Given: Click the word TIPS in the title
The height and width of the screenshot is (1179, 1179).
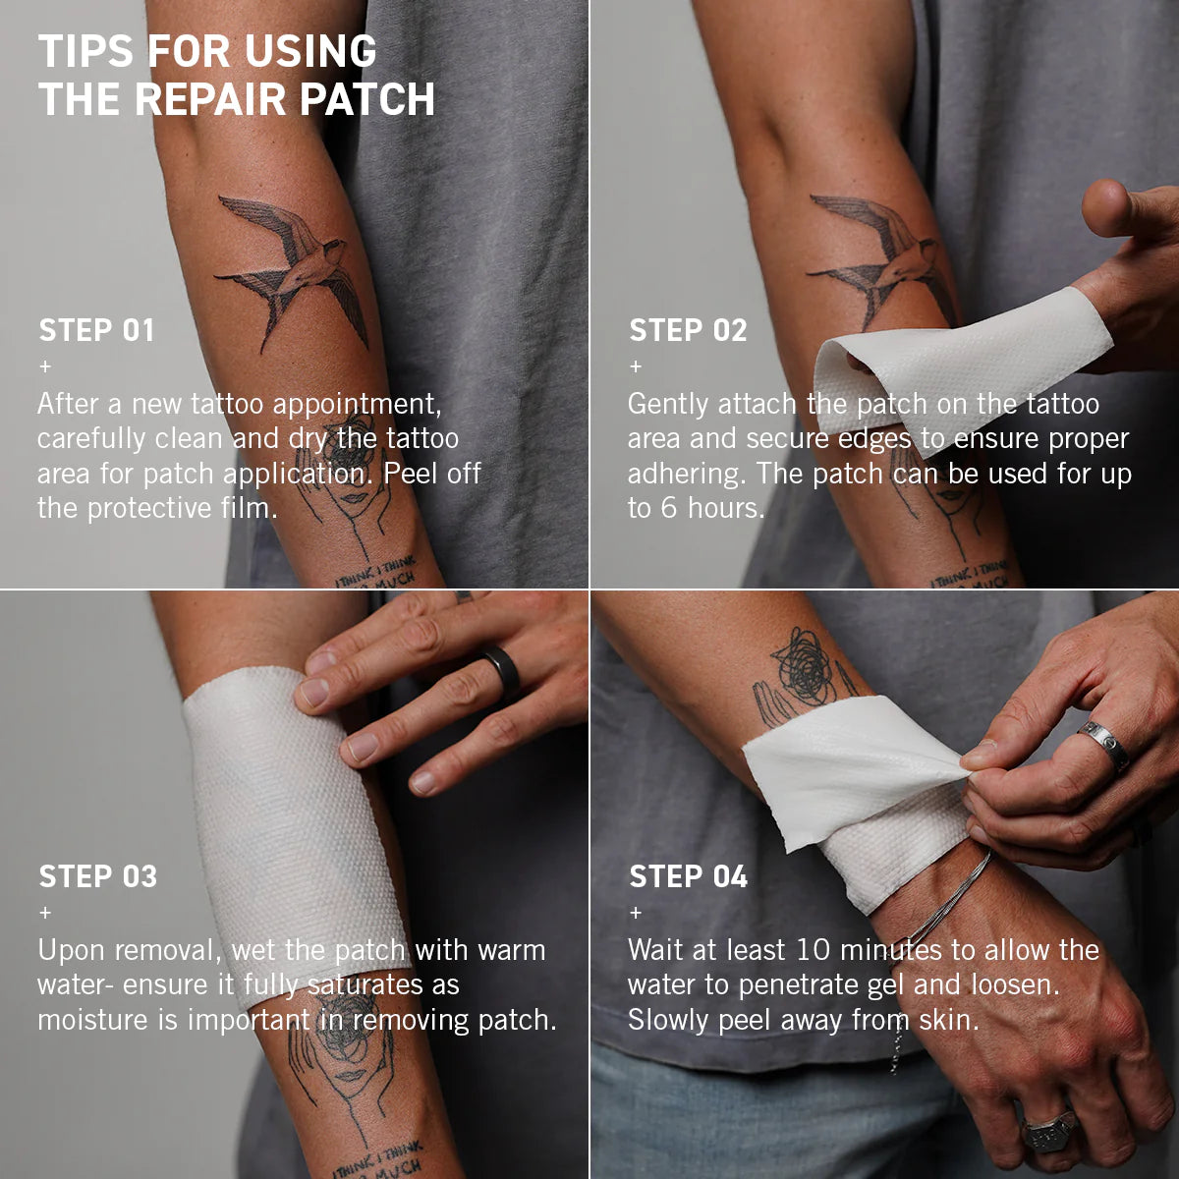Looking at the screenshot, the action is (85, 51).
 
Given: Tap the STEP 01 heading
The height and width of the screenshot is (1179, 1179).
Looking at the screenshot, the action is (96, 330).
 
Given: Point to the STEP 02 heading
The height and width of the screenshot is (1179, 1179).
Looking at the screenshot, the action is (689, 330).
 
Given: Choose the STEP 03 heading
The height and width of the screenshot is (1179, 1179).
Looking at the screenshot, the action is (98, 876).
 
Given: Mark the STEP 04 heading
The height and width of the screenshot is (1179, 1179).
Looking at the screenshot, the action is (689, 876).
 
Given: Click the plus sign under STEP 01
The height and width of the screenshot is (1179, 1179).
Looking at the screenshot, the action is (45, 366).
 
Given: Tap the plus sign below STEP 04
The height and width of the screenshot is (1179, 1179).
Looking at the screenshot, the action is (636, 913).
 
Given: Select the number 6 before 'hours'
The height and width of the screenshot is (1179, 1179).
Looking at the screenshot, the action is (669, 508).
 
